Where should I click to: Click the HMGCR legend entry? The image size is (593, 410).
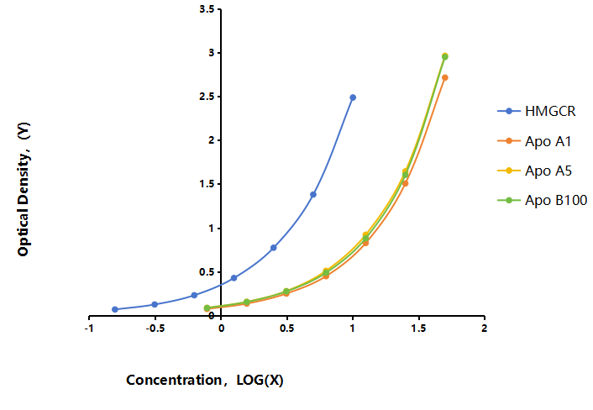click(536, 111)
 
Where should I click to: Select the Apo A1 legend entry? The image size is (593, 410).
click(534, 141)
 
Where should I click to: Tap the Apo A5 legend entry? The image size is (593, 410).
click(534, 171)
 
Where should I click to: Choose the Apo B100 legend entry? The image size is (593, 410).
click(542, 200)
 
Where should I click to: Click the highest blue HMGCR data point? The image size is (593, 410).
click(353, 97)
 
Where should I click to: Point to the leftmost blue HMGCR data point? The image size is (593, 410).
click(115, 309)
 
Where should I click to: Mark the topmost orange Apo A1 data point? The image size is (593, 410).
click(445, 77)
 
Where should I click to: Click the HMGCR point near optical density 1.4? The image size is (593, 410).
click(313, 194)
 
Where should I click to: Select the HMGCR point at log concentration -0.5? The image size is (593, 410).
click(155, 304)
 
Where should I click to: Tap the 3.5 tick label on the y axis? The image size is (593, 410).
click(207, 9)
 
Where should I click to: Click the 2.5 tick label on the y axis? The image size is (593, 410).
click(207, 97)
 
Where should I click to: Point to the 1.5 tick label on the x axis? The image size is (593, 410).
click(418, 329)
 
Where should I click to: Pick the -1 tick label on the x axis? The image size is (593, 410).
click(89, 329)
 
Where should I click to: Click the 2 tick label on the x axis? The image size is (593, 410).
click(484, 329)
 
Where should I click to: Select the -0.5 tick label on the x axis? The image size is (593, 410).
click(155, 329)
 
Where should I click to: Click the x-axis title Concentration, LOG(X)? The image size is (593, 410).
click(205, 380)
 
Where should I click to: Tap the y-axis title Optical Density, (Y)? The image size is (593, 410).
click(24, 189)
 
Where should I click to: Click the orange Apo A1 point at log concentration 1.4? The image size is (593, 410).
click(405, 183)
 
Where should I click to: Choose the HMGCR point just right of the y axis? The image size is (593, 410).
click(234, 278)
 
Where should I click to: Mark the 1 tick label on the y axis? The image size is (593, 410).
click(211, 229)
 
